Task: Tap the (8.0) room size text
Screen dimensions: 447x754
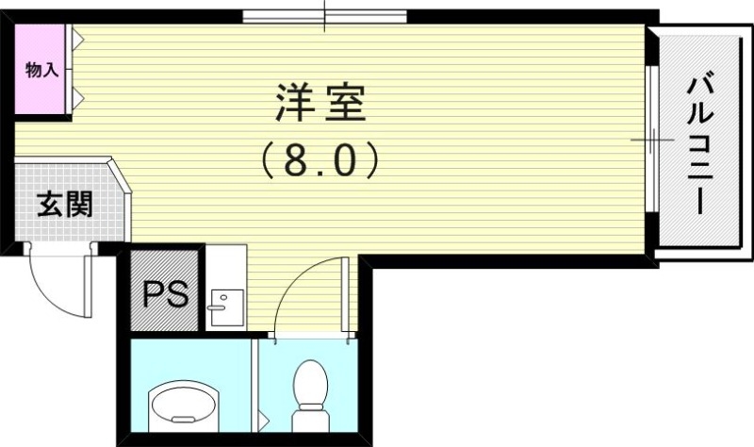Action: [320, 160]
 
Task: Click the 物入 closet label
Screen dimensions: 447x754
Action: [41, 69]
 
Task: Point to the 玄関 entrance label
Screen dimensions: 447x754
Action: [63, 205]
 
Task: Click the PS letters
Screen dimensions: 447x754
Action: [164, 294]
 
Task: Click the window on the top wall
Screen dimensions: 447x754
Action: [324, 15]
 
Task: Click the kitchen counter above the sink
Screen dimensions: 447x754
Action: [226, 264]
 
